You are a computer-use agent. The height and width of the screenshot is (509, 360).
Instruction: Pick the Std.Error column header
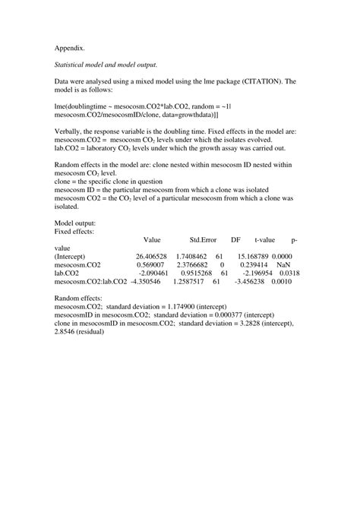click(204, 239)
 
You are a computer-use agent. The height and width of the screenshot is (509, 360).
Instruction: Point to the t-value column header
click(265, 239)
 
